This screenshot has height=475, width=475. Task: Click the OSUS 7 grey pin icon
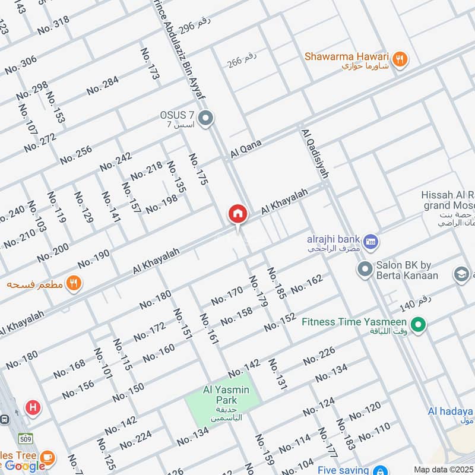point(205,119)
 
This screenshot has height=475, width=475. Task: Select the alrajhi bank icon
point(372,242)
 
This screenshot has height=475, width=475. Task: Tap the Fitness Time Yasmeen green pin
point(419,325)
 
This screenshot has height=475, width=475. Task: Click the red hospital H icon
point(33,407)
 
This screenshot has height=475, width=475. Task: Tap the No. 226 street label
point(319,356)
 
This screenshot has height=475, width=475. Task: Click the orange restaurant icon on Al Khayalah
point(74,283)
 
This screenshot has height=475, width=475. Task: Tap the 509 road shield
point(25,439)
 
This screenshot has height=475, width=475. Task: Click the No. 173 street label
point(151,64)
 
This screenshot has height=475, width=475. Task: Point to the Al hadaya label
point(451,411)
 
